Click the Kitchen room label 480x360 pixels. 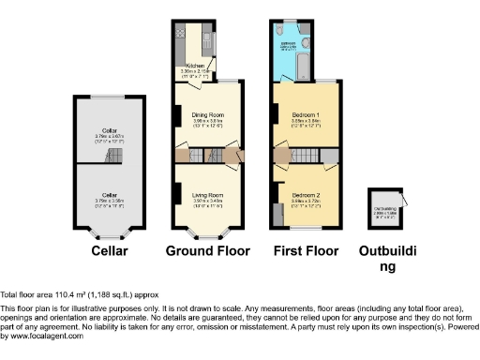coord(194,66)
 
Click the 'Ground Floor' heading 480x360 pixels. coord(207,251)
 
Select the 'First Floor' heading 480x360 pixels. coord(307,251)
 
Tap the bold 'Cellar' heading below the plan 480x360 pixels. coord(110,251)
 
